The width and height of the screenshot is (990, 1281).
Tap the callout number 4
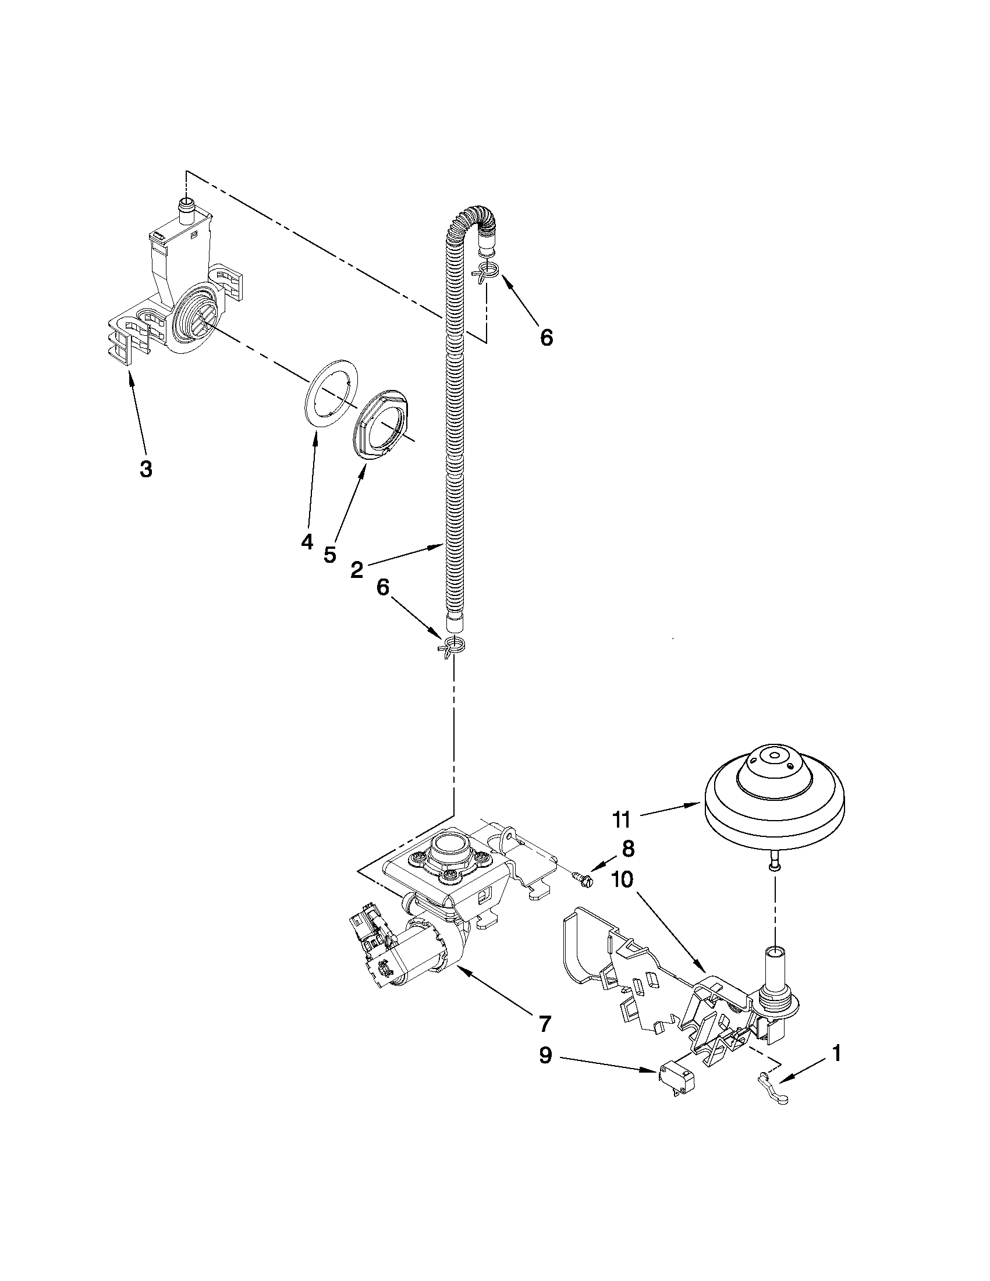pos(307,542)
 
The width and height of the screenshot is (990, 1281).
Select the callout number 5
pos(329,554)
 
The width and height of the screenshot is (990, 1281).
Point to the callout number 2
pos(356,570)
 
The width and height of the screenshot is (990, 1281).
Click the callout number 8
pos(627,848)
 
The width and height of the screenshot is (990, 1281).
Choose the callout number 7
pos(545,1024)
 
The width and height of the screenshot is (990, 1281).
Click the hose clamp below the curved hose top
pos(487,271)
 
